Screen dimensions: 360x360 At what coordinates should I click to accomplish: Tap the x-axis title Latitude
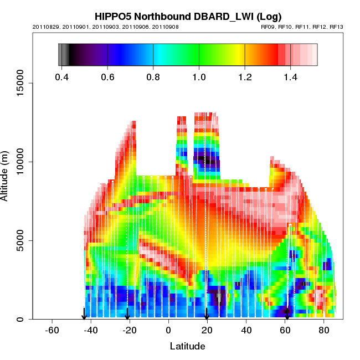coord(187,346)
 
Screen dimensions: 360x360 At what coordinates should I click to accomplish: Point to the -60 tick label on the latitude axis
coord(52,331)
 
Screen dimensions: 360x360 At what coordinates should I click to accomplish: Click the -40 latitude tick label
coord(91,331)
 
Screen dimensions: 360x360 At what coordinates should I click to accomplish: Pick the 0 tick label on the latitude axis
coord(168,331)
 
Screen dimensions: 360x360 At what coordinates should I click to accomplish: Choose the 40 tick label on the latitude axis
coord(245,331)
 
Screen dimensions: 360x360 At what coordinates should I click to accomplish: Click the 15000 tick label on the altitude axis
coord(23,83)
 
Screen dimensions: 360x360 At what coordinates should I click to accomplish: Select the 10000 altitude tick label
coord(23,162)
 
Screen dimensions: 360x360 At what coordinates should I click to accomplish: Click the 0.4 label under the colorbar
coord(62,77)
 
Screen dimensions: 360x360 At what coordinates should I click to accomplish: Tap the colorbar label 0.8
coord(153,77)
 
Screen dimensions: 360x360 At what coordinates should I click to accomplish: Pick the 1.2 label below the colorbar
coord(245,77)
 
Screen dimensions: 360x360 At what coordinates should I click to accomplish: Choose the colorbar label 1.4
coord(290,77)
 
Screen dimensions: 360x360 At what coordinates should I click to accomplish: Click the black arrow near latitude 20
coord(207,313)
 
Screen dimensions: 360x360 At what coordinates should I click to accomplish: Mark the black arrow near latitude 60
coord(286,313)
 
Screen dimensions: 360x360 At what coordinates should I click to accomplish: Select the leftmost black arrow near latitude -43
coord(84,313)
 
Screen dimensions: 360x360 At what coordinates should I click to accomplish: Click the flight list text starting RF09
coord(302,26)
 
